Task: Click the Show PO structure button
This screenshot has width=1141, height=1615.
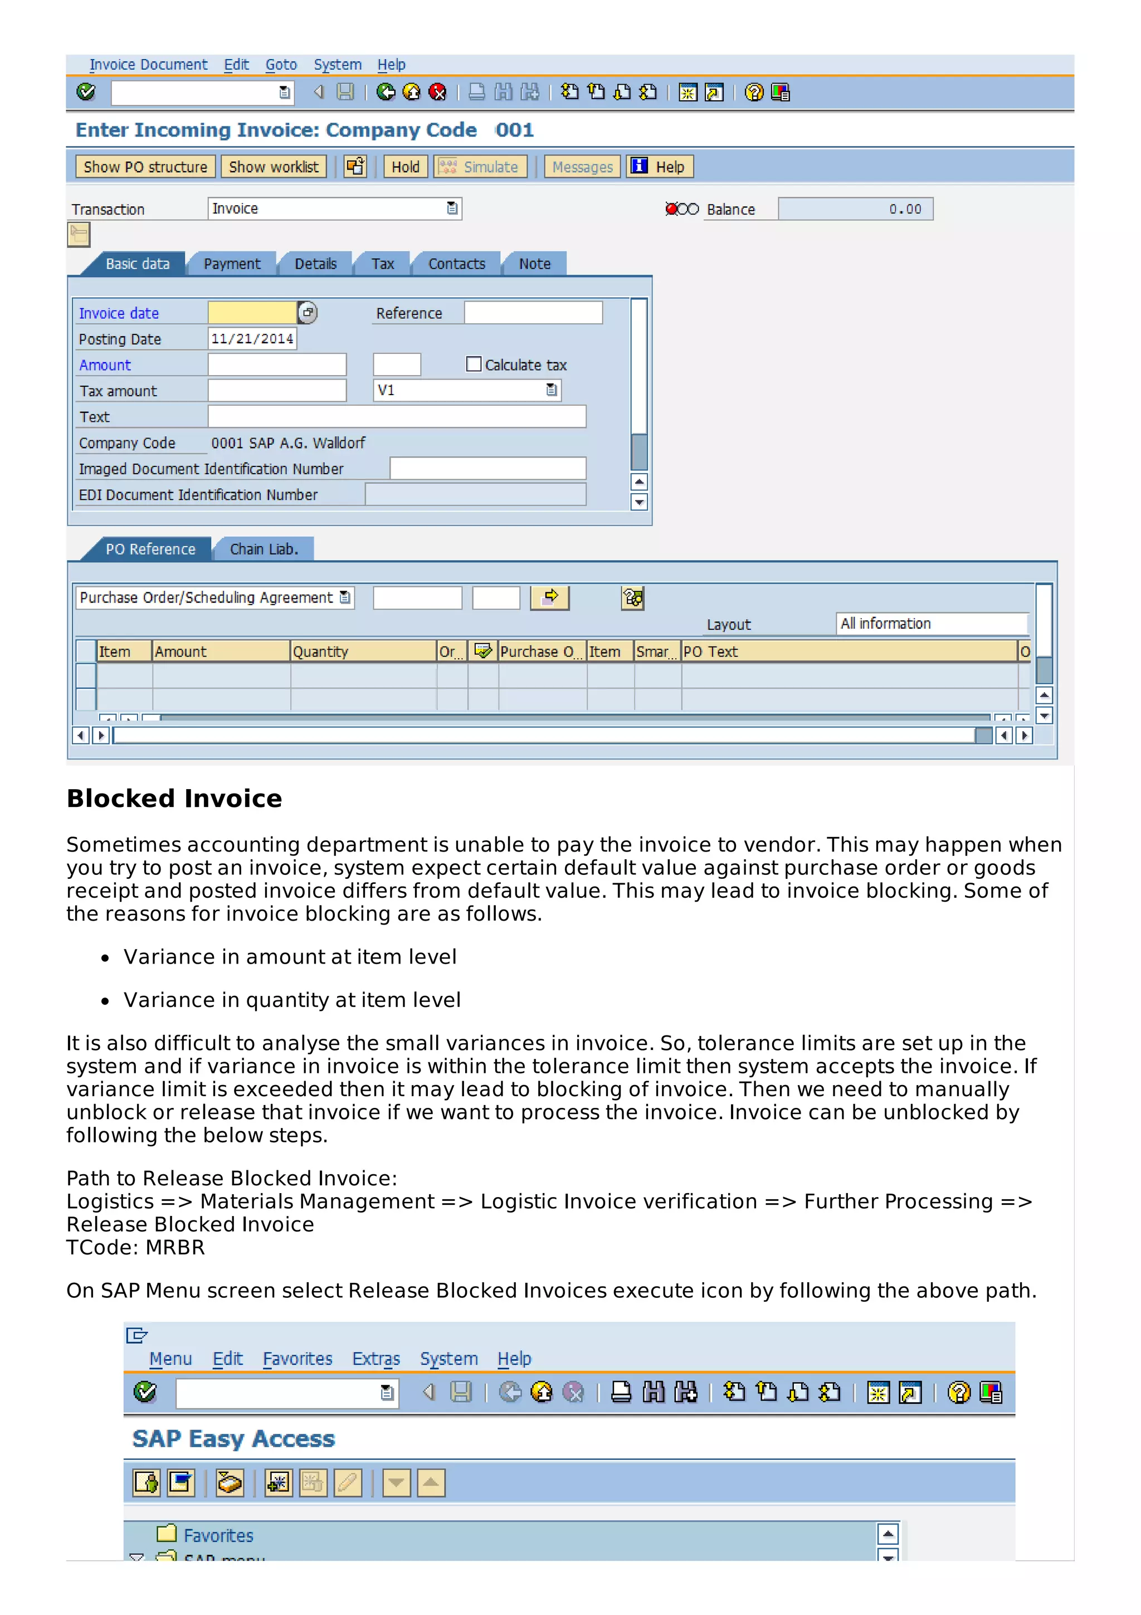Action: tap(145, 167)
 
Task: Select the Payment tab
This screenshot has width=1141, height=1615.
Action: tap(231, 264)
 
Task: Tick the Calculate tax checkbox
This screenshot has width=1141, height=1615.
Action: tap(474, 364)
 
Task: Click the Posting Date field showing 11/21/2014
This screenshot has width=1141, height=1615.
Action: tap(252, 338)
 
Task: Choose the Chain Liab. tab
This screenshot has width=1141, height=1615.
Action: tap(264, 549)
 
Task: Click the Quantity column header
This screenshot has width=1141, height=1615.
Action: tap(362, 651)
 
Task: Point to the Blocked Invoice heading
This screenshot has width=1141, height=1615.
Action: tap(174, 799)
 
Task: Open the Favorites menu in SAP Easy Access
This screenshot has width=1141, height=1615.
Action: tap(298, 1359)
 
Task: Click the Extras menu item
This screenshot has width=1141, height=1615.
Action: tap(376, 1359)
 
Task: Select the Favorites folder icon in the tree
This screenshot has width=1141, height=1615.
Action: tap(167, 1534)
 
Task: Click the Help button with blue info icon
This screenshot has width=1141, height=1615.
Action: tap(659, 167)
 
